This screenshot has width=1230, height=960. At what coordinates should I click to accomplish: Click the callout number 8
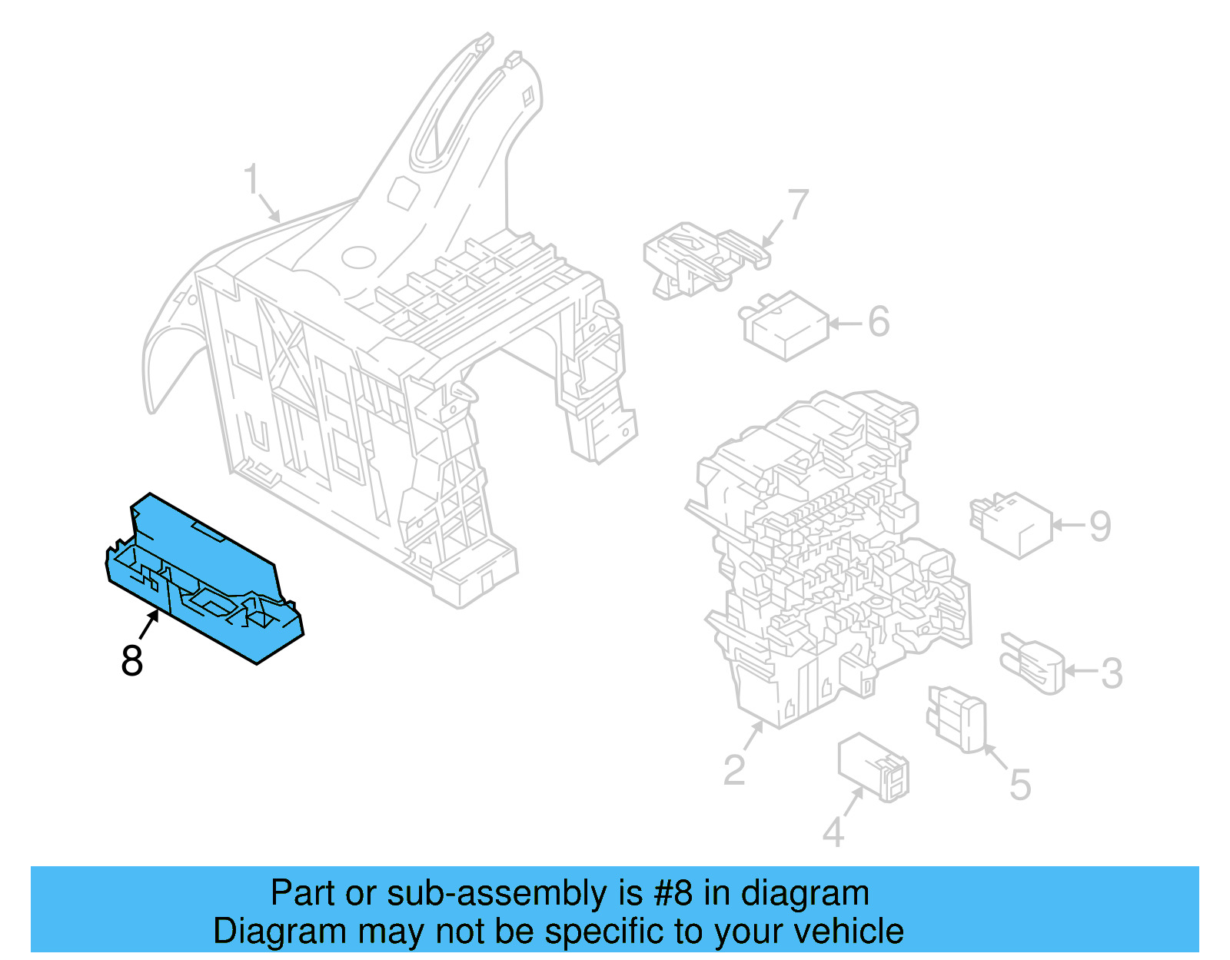tap(132, 660)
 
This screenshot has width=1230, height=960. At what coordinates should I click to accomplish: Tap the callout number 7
tap(799, 204)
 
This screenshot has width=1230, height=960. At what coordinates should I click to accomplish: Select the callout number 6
tap(879, 321)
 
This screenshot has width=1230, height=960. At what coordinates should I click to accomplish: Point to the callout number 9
tap(1100, 527)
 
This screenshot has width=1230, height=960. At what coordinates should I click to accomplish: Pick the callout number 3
tap(1112, 673)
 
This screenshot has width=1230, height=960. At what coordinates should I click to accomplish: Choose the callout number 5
tap(1019, 785)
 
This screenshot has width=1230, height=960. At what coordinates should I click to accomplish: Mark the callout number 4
tap(833, 832)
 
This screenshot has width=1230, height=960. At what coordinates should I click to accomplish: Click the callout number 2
tap(734, 769)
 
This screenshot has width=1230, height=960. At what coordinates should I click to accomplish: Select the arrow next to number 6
tap(846, 324)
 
